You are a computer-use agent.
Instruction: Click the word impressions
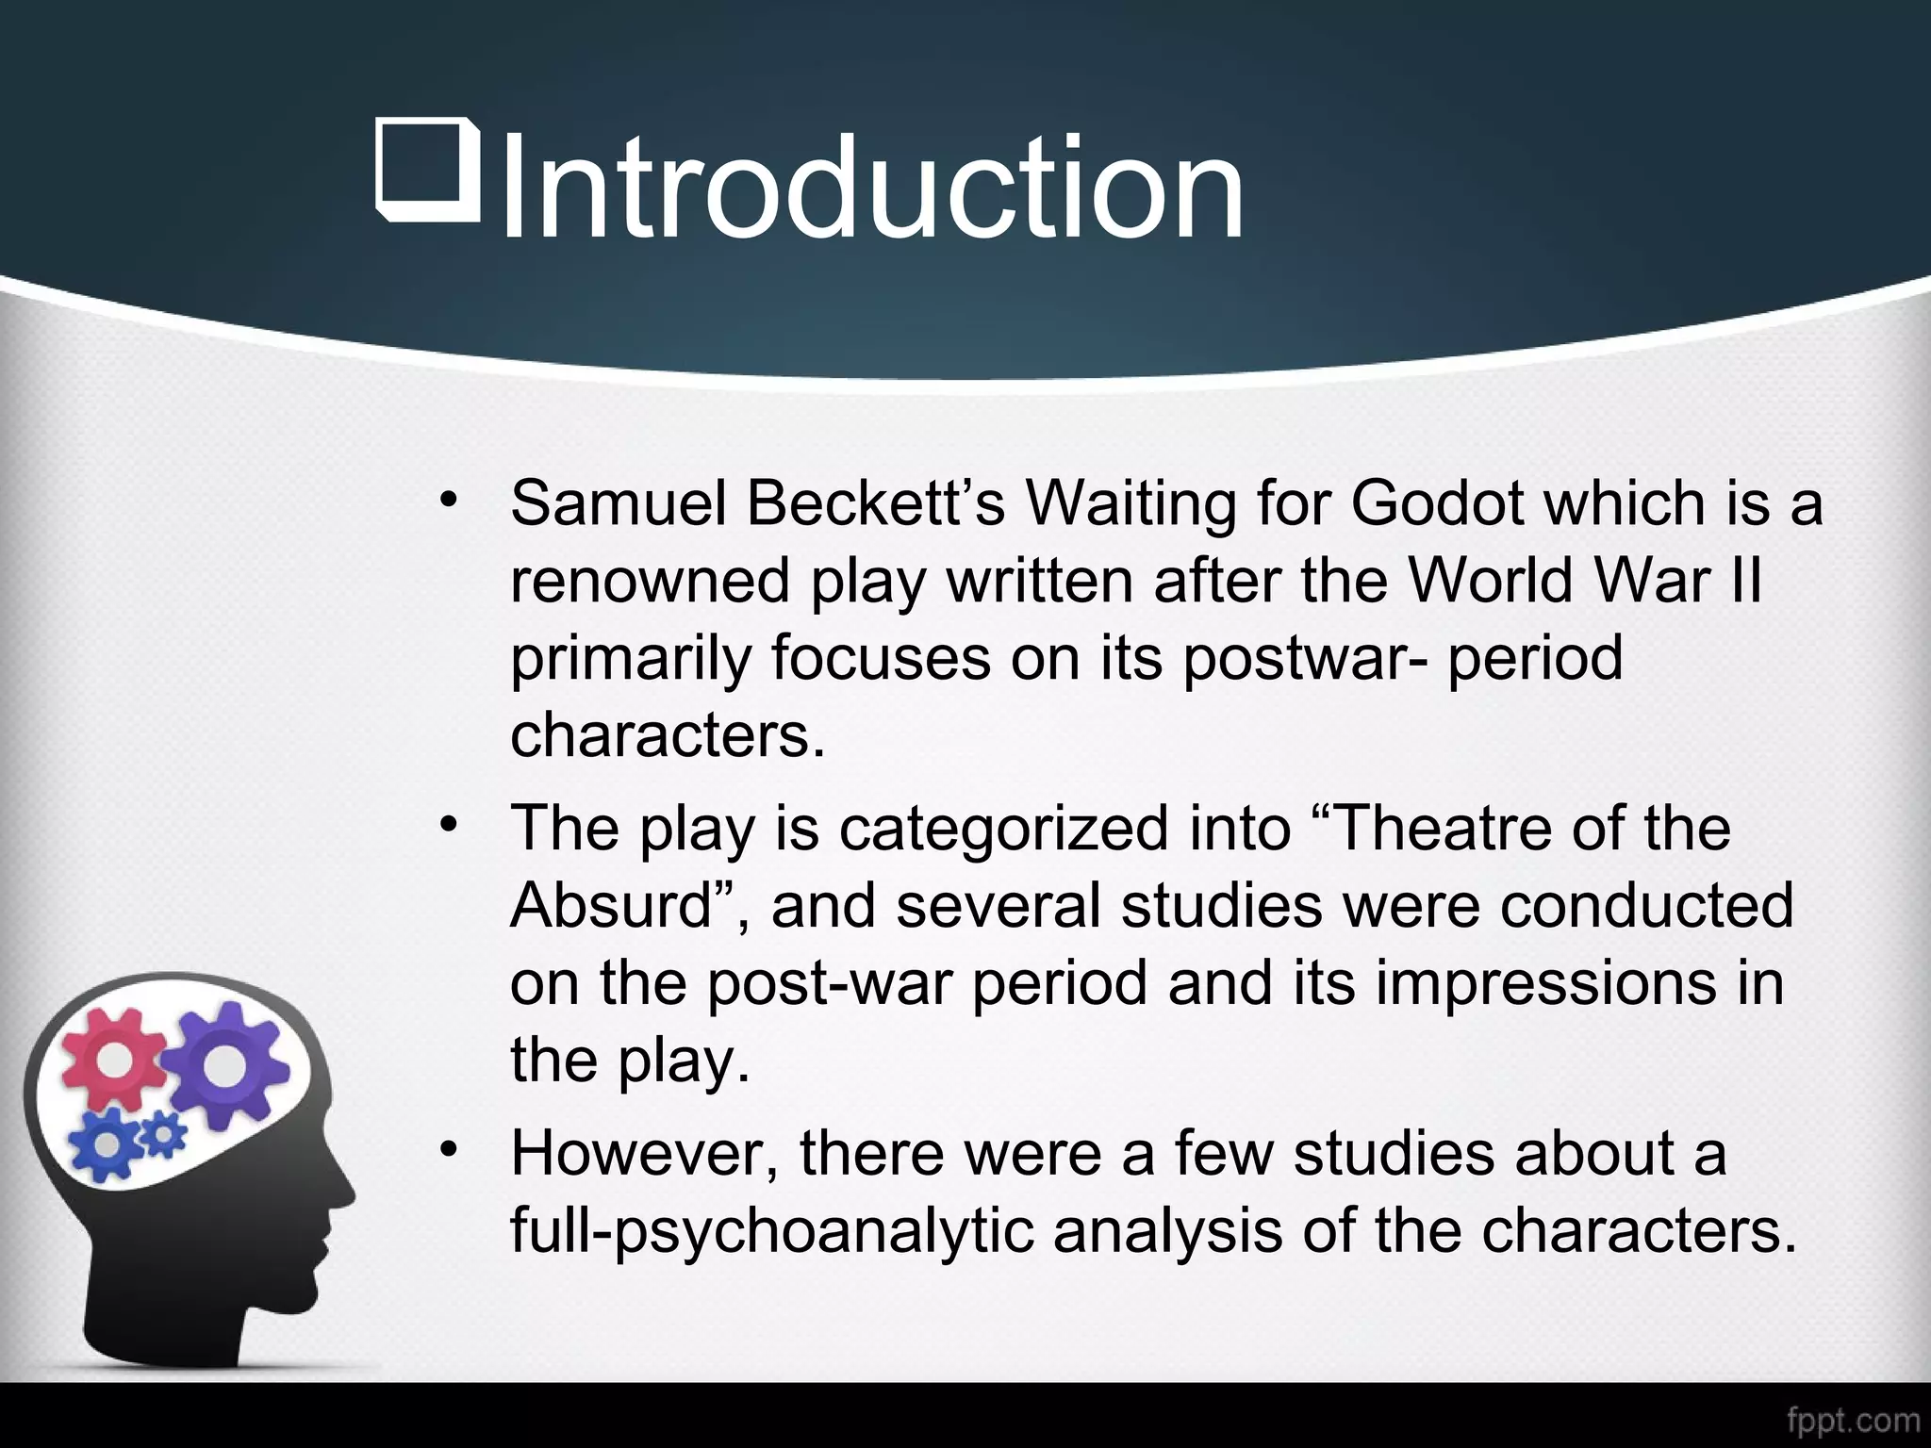click(x=1546, y=982)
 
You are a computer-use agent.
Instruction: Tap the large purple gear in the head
click(x=223, y=1065)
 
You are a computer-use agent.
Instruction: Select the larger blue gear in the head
click(x=108, y=1144)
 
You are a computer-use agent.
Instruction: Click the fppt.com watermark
click(x=1853, y=1419)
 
